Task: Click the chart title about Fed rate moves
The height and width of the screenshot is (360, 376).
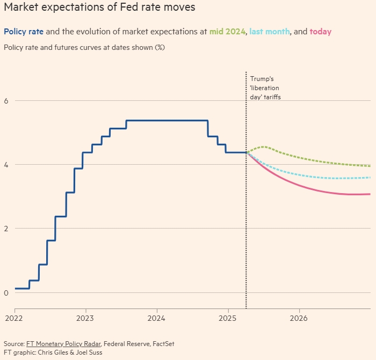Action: pyautogui.click(x=99, y=8)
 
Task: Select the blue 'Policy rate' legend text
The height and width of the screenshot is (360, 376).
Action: pyautogui.click(x=24, y=32)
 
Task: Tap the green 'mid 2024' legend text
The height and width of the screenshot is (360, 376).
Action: pyautogui.click(x=227, y=32)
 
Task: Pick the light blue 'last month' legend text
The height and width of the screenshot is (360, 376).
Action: pyautogui.click(x=270, y=32)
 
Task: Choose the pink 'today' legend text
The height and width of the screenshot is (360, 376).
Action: pyautogui.click(x=321, y=32)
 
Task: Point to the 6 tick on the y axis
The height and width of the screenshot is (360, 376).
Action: pyautogui.click(x=6, y=101)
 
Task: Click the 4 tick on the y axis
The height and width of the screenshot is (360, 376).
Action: pyautogui.click(x=6, y=165)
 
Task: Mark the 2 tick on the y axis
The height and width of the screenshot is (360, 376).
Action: pyautogui.click(x=6, y=229)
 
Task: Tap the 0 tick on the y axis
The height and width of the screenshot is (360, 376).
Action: pyautogui.click(x=6, y=292)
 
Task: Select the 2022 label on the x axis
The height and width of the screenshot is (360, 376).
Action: pyautogui.click(x=15, y=318)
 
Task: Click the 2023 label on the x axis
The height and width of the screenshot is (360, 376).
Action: pyautogui.click(x=86, y=318)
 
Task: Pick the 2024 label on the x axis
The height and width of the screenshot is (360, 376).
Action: pyautogui.click(x=157, y=318)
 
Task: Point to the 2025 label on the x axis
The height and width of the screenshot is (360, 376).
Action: pyautogui.click(x=228, y=318)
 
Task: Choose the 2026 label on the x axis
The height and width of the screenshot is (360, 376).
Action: pyautogui.click(x=299, y=318)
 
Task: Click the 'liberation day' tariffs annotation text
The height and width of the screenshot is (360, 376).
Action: pyautogui.click(x=265, y=88)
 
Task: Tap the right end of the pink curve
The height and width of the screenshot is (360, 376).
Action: pyautogui.click(x=370, y=194)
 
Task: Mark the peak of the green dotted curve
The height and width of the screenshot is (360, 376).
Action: pyautogui.click(x=264, y=146)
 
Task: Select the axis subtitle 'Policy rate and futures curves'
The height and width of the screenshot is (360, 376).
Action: pyautogui.click(x=84, y=47)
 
